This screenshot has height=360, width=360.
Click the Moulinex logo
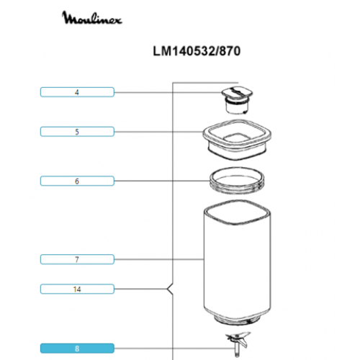92,17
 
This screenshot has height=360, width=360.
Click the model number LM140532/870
197,51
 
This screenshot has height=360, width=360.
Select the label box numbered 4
77,92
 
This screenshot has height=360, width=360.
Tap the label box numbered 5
77,132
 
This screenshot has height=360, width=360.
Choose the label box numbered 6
77,181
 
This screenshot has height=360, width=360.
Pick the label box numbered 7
77,259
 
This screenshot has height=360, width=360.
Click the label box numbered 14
77,289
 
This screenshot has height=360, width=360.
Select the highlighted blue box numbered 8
77,348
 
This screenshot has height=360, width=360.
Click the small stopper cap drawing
237,100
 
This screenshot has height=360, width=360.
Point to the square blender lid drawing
237,140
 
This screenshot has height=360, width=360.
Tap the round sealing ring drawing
237,180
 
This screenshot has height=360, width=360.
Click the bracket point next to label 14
168,289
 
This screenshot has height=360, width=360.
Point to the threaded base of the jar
238,320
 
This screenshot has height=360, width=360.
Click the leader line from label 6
162,181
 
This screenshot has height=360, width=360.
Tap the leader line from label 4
168,92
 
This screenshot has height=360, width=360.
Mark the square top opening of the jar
238,212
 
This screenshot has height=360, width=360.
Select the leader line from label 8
174,348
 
